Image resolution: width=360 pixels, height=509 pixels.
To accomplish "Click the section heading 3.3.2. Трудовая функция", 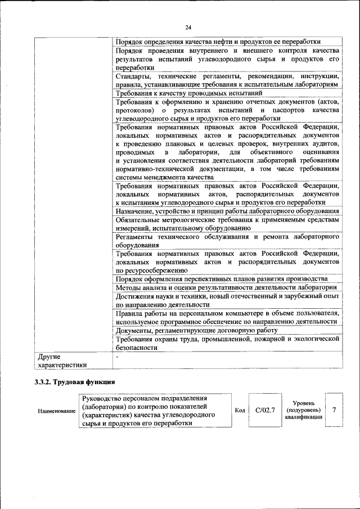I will pyautogui.click(x=72, y=382).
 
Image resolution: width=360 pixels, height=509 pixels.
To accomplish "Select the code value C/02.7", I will pyautogui.click(x=264, y=410).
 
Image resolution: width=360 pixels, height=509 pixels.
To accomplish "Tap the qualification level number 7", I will pyautogui.click(x=334, y=410).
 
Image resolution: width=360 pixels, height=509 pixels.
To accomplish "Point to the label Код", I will pyautogui.click(x=239, y=410).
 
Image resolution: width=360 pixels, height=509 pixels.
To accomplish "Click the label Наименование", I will pyautogui.click(x=56, y=411).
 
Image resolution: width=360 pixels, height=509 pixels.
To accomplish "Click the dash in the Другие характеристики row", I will pyautogui.click(x=117, y=357).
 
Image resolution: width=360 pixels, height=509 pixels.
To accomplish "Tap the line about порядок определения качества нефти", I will pyautogui.click(x=218, y=42).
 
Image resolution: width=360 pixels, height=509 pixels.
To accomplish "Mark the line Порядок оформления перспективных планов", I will pyautogui.click(x=222, y=279).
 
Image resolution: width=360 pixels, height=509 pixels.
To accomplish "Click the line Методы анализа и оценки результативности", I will pyautogui.click(x=226, y=287).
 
